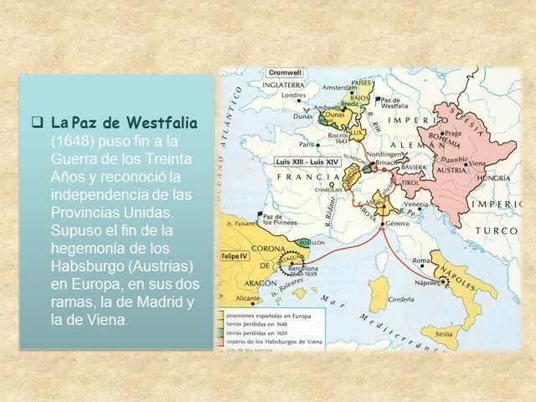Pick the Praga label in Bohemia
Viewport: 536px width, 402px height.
tap(453, 132)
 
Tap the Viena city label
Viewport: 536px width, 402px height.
tap(477, 163)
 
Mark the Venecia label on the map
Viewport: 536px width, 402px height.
tap(416, 204)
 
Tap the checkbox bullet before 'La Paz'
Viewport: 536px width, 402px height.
tap(37, 122)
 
